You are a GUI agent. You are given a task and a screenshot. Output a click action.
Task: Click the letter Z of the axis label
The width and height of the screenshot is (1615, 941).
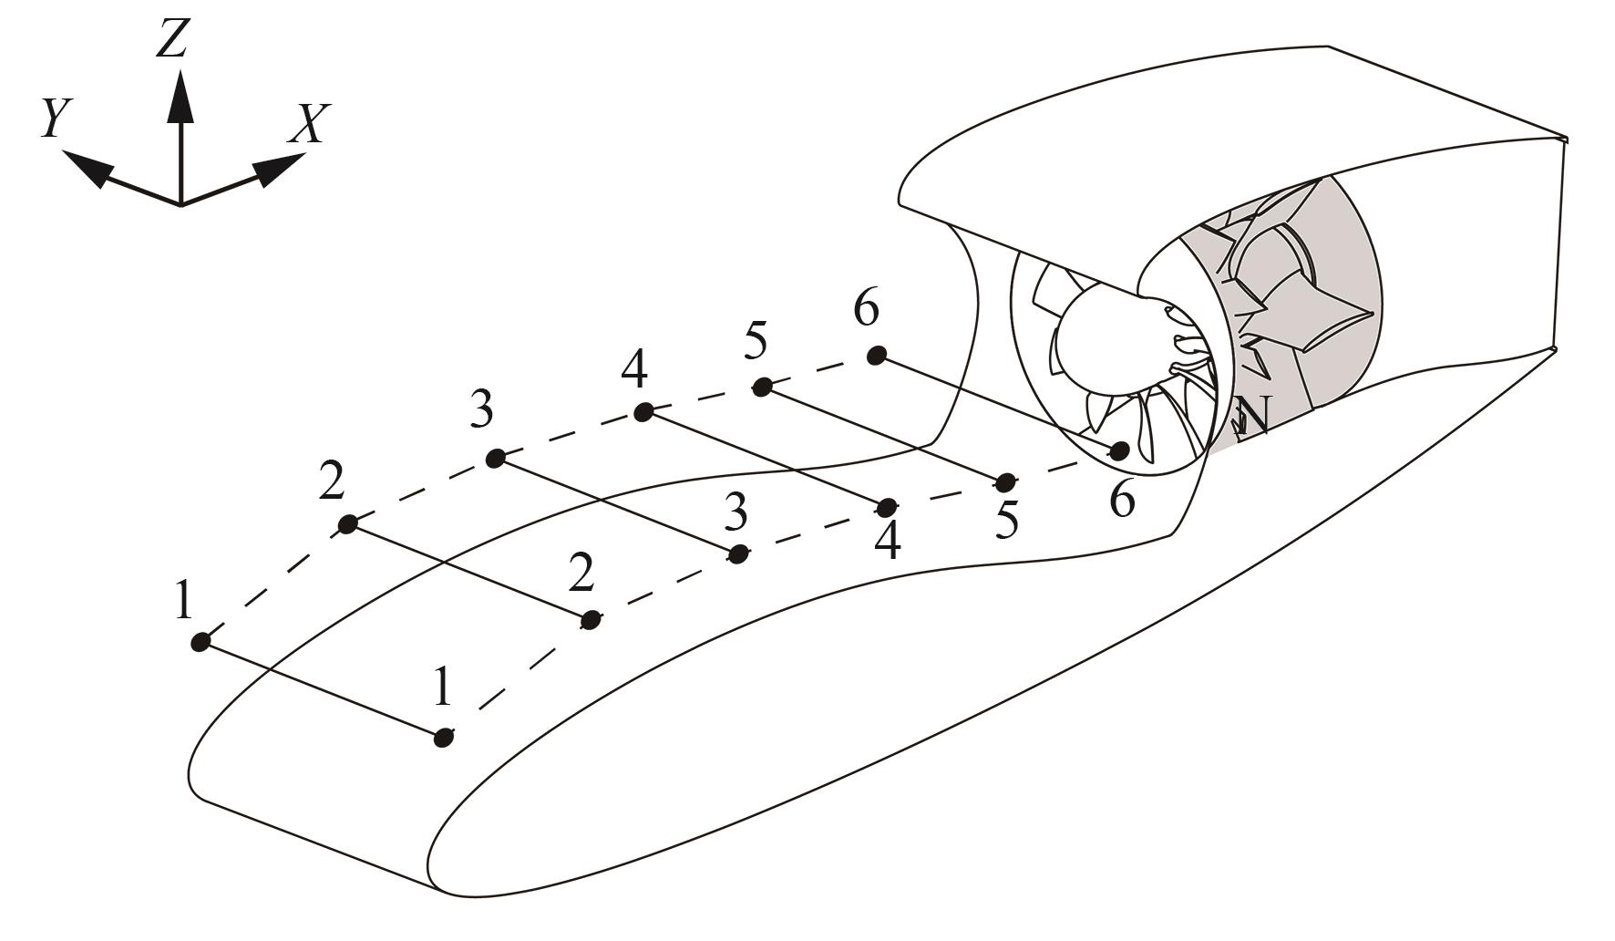172,38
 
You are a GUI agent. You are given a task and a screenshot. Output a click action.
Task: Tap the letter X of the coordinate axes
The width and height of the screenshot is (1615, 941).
307,125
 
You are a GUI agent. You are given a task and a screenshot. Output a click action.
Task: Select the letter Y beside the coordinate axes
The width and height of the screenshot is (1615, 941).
57,118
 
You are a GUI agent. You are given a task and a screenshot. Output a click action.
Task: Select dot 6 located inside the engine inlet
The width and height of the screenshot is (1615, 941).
1119,450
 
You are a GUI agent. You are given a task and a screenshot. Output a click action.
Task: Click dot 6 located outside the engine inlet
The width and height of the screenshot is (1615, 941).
877,355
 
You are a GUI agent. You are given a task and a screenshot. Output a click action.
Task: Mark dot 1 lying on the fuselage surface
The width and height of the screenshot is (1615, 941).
443,737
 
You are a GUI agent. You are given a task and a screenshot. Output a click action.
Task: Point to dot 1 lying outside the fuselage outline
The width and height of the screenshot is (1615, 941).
201,643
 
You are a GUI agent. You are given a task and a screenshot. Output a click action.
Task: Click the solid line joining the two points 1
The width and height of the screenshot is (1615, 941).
322,689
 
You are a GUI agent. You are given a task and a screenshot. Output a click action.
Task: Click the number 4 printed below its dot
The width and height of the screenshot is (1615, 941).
887,542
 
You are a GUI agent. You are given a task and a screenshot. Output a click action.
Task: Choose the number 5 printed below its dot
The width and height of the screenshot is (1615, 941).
1006,521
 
